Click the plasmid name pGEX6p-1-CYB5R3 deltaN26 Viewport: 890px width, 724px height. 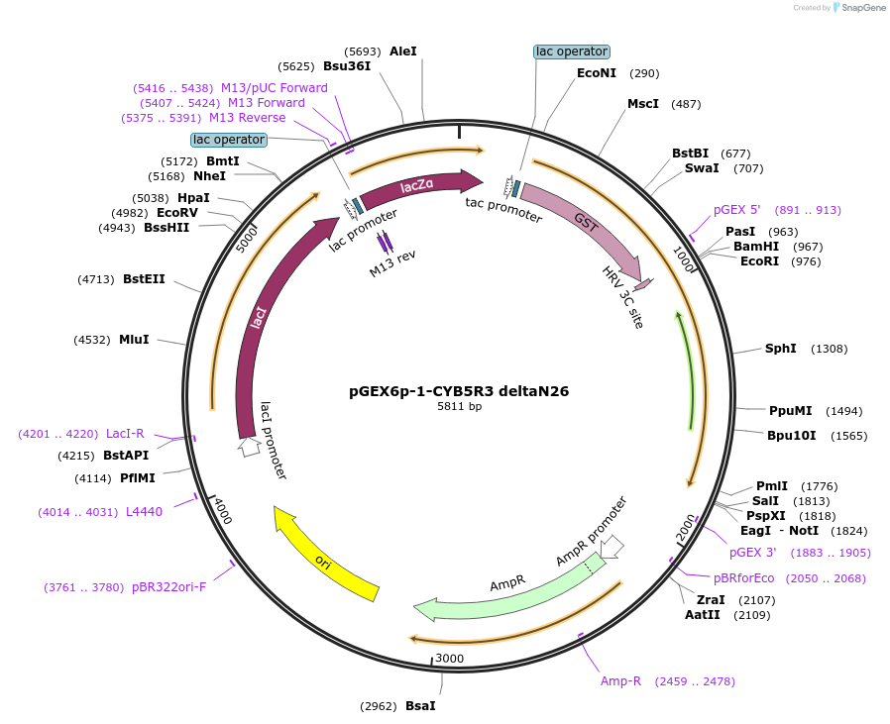459,391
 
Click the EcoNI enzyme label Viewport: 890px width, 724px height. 597,73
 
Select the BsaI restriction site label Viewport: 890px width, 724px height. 420,706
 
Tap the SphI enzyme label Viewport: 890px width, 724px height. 781,349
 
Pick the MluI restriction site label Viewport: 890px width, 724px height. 134,340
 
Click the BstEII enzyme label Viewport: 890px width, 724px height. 144,279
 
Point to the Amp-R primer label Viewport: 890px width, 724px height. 621,681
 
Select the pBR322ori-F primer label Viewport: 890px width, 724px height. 169,587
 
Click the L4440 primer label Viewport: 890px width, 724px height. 144,512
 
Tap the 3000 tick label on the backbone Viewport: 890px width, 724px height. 449,659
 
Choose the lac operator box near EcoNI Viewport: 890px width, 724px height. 572,52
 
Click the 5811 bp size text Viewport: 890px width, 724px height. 459,407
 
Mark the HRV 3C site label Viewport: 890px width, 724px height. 623,297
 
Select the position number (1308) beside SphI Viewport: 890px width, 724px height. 830,349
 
